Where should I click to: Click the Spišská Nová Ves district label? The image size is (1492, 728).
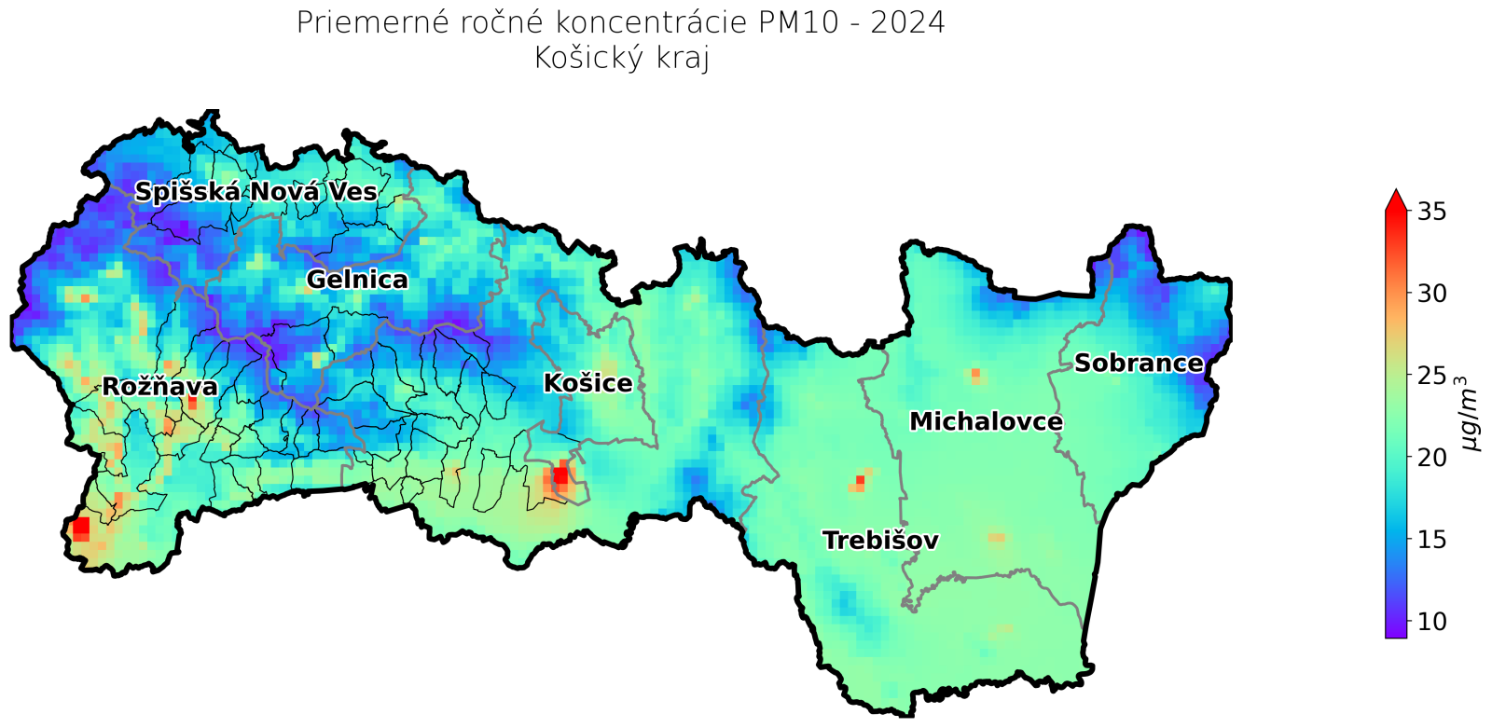tap(256, 193)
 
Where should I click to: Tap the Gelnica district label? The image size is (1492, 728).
tap(357, 280)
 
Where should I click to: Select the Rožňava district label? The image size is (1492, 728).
tap(159, 387)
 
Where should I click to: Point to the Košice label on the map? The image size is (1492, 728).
tap(587, 383)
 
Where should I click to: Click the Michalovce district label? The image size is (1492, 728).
tap(986, 422)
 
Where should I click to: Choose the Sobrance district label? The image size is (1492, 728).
tap(1139, 364)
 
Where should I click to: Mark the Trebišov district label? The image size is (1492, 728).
tap(880, 541)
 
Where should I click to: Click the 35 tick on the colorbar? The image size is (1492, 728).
tap(1431, 213)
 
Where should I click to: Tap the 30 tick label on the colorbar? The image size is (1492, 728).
tap(1431, 294)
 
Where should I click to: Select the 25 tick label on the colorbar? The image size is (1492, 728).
tap(1431, 376)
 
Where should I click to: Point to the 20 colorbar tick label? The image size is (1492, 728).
tap(1431, 458)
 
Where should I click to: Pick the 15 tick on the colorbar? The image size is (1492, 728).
tap(1431, 540)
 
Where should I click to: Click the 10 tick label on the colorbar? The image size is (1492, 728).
tap(1431, 621)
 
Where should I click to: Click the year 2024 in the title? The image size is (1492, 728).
tap(907, 22)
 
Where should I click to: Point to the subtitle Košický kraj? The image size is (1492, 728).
tap(622, 58)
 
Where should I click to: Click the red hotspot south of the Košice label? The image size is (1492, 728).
tap(560, 475)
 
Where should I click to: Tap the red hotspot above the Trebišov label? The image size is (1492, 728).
tap(860, 481)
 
